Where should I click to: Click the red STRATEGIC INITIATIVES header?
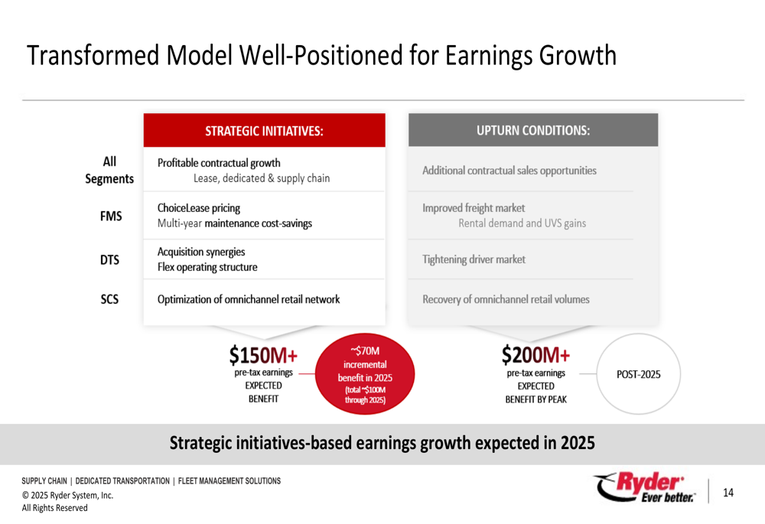tap(264, 130)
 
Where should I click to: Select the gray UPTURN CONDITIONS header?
tap(533, 130)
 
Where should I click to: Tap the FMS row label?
tap(111, 216)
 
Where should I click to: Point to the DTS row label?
tap(109, 260)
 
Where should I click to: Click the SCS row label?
tap(109, 299)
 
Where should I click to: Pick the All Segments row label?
tap(109, 170)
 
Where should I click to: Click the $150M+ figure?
tap(263, 355)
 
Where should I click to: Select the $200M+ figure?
tap(535, 355)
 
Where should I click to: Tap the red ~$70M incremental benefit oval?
tap(365, 374)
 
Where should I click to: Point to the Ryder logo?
tap(644, 487)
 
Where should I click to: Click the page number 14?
tap(728, 493)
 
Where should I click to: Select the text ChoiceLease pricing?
tap(199, 208)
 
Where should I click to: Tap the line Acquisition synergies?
tap(201, 252)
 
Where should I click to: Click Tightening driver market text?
tap(474, 259)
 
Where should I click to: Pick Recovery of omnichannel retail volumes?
tap(506, 300)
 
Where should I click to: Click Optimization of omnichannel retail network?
tap(249, 300)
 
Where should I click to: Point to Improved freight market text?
tap(474, 208)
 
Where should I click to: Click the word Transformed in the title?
tap(93, 55)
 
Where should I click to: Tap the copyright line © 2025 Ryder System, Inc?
tap(67, 495)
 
